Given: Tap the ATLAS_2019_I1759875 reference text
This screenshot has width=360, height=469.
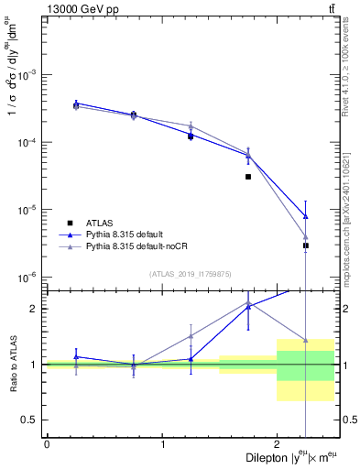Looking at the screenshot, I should pyautogui.click(x=191, y=273).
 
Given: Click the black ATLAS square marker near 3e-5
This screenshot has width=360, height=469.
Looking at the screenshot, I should pyautogui.click(x=248, y=177).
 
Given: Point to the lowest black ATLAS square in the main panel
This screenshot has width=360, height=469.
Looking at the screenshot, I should pyautogui.click(x=306, y=245).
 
